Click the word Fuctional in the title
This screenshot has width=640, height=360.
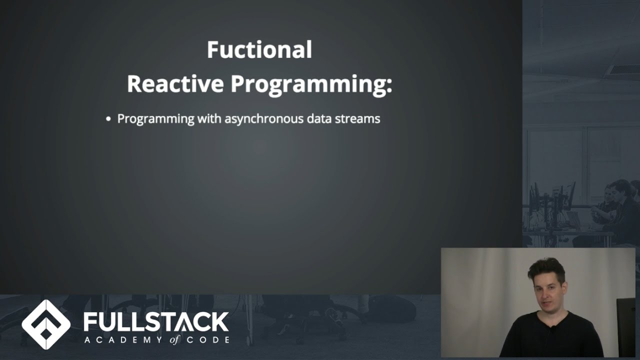pyautogui.click(x=259, y=50)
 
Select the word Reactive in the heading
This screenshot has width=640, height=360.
pyautogui.click(x=175, y=84)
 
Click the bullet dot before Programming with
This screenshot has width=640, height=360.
pyautogui.click(x=108, y=119)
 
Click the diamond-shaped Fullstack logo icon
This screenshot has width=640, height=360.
pyautogui.click(x=46, y=324)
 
